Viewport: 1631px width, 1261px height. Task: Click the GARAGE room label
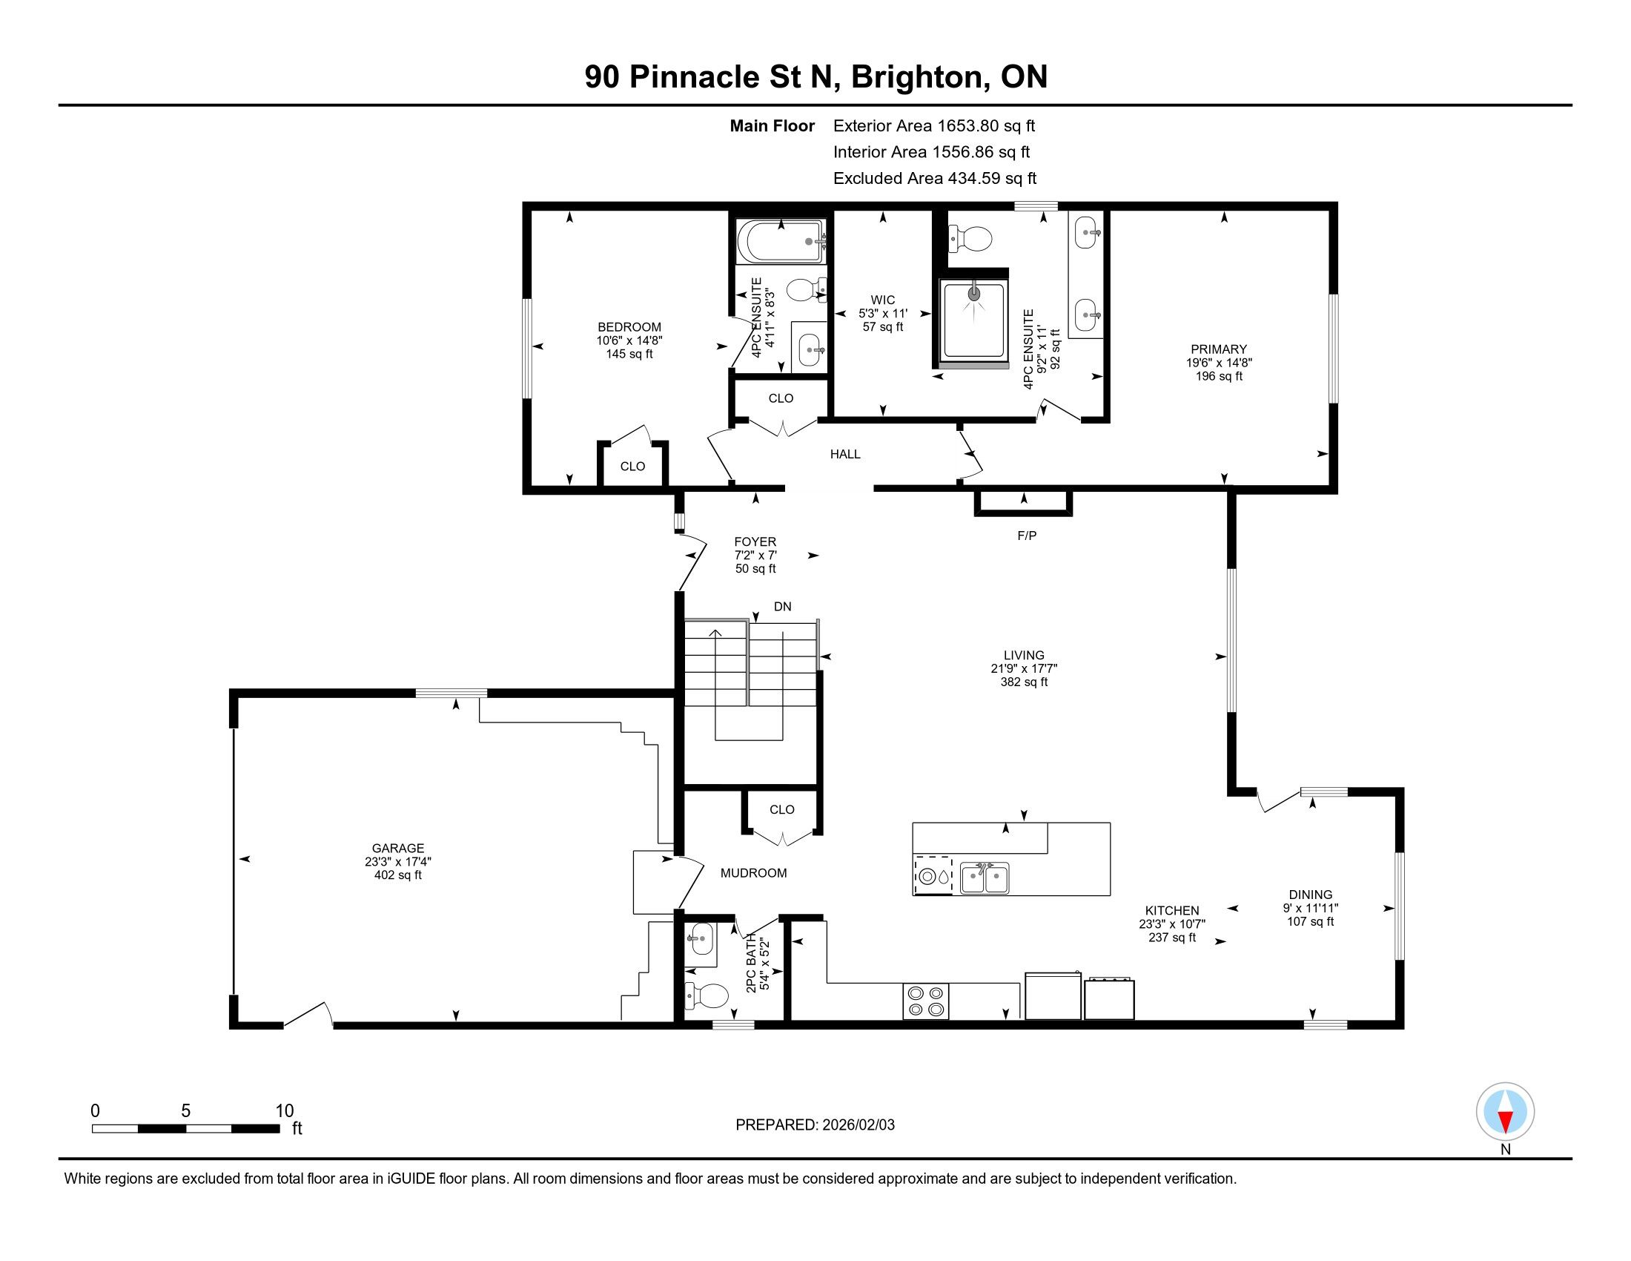pos(398,848)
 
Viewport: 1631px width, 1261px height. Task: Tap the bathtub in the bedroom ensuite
pos(781,240)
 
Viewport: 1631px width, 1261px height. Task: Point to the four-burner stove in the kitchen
pos(926,1001)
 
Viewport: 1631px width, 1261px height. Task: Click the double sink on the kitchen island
pos(985,878)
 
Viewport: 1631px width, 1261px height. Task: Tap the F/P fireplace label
pos(1027,536)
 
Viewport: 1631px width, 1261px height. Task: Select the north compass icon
pos(1505,1113)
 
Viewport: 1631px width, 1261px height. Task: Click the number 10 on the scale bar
pos(285,1111)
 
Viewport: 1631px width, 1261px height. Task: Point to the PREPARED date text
pos(815,1125)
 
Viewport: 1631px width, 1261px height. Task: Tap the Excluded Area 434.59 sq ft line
pos(935,179)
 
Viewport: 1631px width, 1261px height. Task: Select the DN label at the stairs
pos(783,607)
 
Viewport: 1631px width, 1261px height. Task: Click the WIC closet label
pos(883,300)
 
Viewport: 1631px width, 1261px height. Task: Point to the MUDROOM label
pos(753,872)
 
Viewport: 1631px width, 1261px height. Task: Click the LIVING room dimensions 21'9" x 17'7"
pos(1024,668)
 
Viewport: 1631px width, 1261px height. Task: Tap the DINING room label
pos(1311,895)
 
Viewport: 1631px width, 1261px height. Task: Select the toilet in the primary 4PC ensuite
pos(970,240)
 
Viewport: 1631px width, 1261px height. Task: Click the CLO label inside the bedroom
pos(632,466)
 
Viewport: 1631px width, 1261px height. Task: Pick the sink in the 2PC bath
pos(701,939)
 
